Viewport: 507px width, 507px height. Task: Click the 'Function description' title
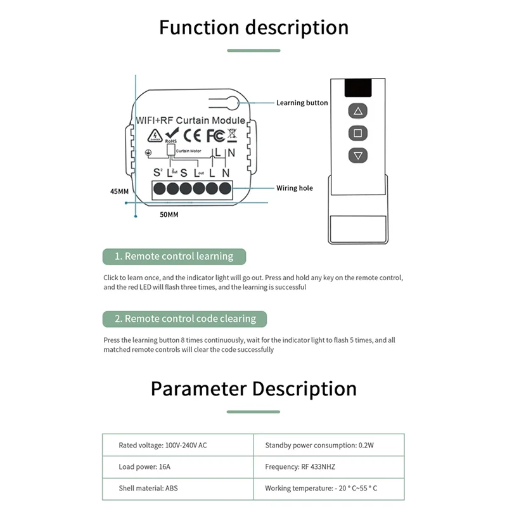point(253,28)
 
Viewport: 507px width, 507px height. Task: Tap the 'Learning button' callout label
point(302,103)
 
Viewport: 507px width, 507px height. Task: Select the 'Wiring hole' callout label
point(294,188)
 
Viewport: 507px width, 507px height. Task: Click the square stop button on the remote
point(357,134)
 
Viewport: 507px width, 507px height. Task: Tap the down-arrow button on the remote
point(357,155)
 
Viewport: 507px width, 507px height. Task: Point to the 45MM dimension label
point(119,191)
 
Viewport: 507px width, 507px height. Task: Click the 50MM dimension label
point(169,215)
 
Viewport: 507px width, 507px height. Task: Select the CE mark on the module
point(192,134)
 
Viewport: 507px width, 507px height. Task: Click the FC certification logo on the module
point(215,134)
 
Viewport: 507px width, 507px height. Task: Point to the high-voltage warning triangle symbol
point(154,136)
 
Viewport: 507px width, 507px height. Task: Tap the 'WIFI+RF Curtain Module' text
point(191,120)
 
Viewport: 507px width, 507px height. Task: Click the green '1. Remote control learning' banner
point(174,257)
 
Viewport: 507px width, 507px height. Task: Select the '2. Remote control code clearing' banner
point(184,319)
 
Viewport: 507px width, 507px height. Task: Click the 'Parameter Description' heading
point(253,388)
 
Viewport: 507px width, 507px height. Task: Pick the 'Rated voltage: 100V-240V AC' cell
point(163,446)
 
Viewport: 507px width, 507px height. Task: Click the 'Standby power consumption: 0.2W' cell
point(319,446)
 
